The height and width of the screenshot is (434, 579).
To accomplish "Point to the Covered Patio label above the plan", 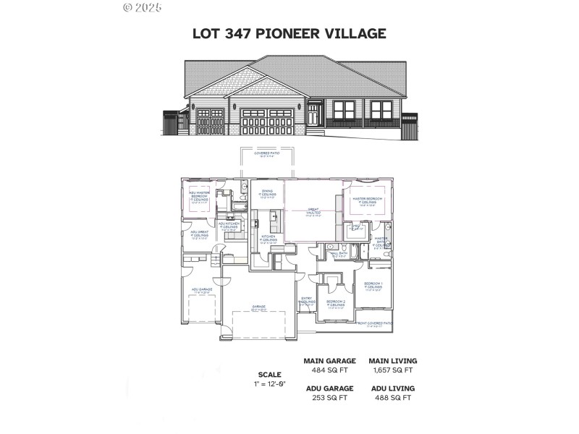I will pos(267,154).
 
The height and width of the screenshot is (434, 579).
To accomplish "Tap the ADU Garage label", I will pos(201,290).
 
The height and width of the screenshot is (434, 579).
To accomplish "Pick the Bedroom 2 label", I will pos(335,302).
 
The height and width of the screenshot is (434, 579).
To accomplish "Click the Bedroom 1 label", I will pos(373,284).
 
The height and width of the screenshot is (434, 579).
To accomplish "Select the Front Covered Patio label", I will pos(376,323).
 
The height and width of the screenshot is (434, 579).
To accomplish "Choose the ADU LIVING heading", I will pos(392,387).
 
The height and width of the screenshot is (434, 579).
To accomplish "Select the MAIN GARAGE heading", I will pos(329,361).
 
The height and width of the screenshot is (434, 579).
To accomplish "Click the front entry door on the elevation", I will pos(313,116).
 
